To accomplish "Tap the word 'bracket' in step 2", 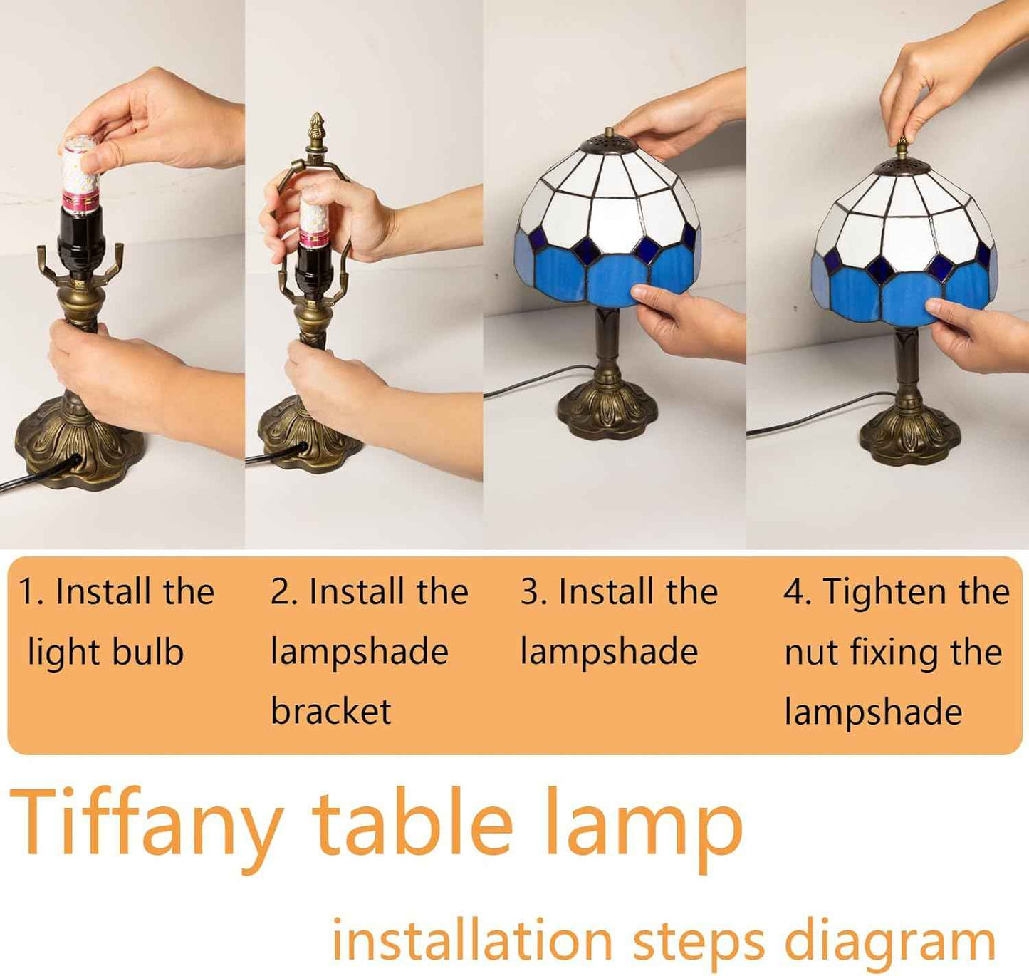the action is [331, 711].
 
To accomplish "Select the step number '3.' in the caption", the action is [534, 592].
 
